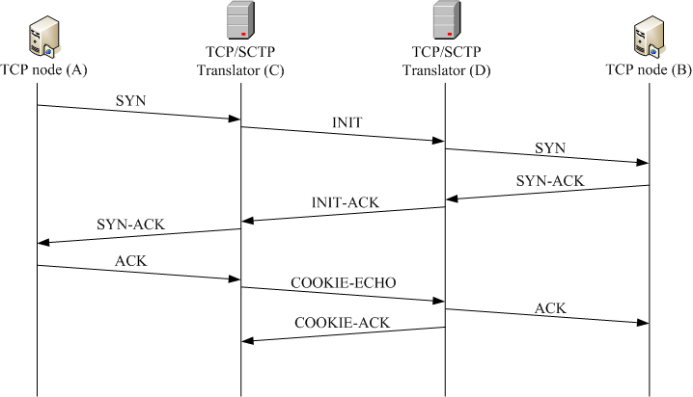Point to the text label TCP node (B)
coord(644,72)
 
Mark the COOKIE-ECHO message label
coord(343,284)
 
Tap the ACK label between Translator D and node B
coord(547,307)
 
